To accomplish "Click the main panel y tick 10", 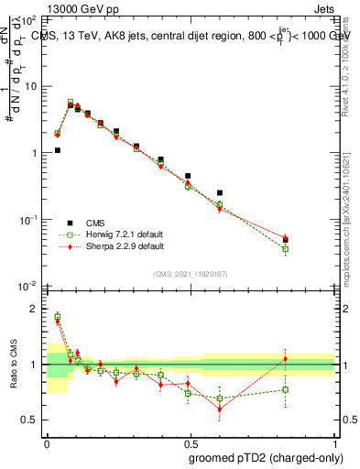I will (32, 85).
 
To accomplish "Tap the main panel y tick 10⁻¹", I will (30, 220).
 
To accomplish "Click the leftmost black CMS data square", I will (57, 150).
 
